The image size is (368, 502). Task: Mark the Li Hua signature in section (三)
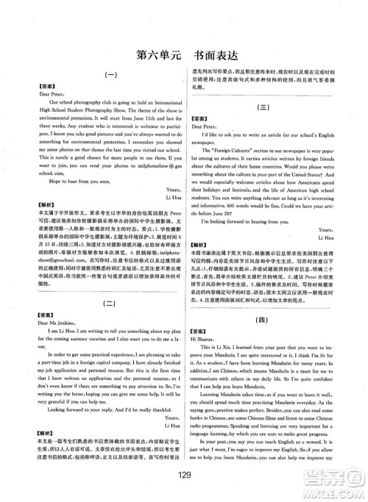[x=335, y=218]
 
